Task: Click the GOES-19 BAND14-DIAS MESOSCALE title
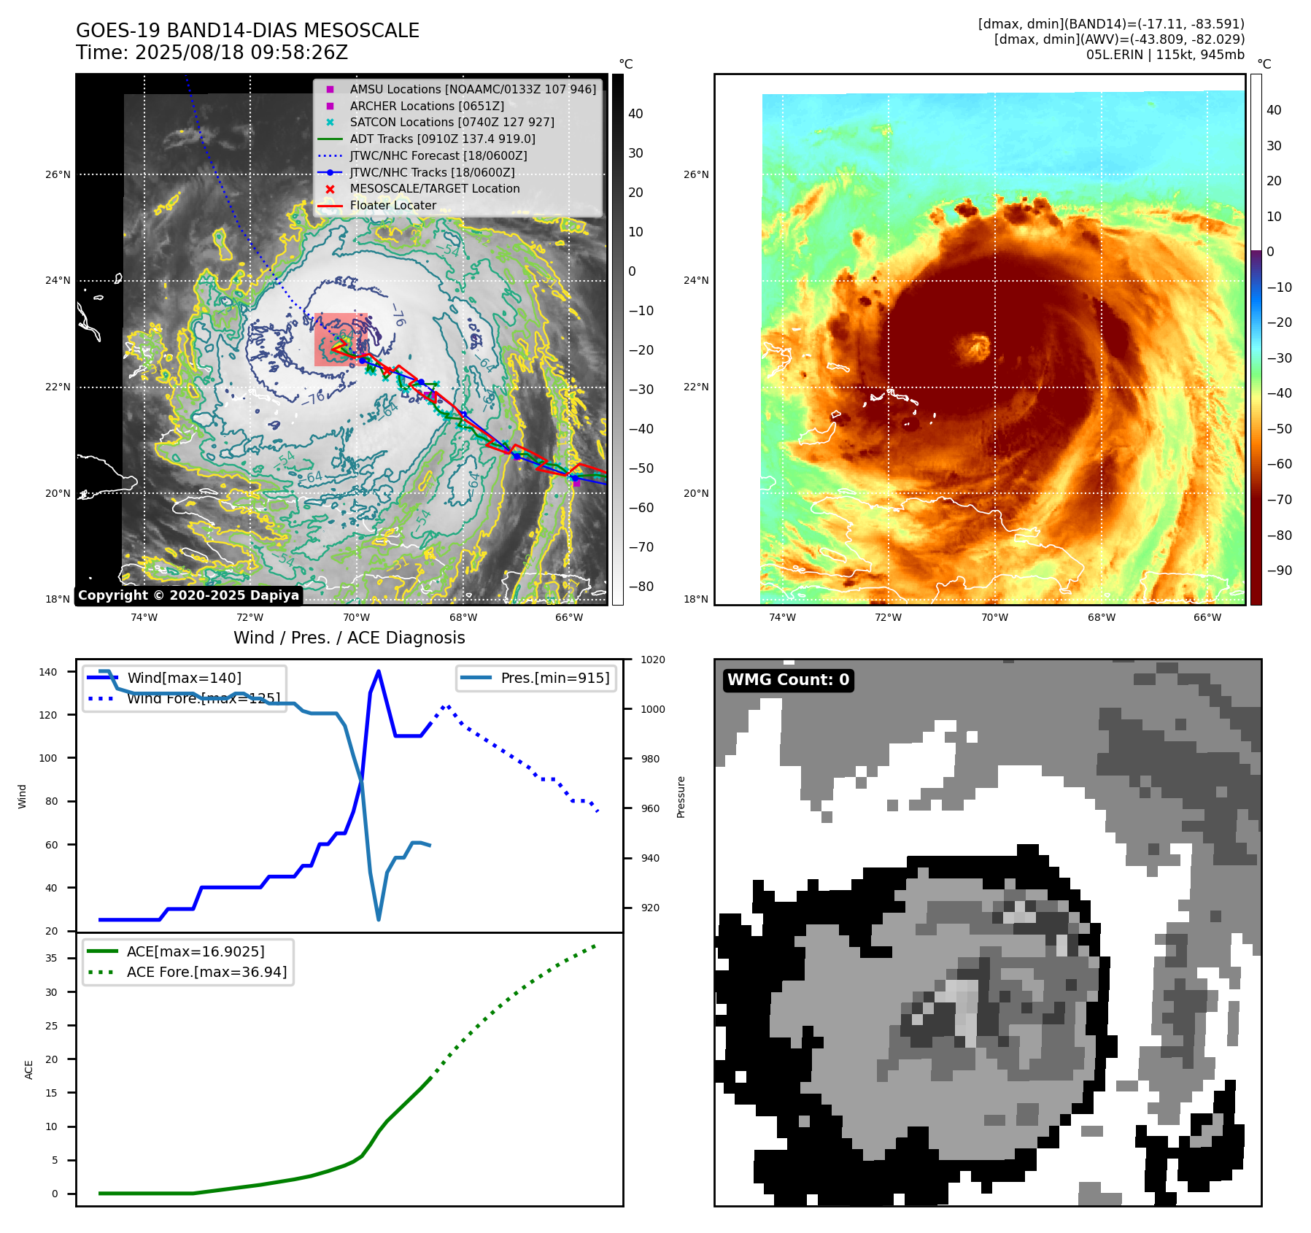[x=247, y=31]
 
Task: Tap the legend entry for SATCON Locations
[x=452, y=123]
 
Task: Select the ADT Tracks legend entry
[x=442, y=139]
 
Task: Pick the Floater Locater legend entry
[x=392, y=206]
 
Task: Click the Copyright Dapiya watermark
[x=188, y=595]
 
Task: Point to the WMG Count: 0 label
[x=788, y=680]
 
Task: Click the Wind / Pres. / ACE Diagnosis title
[x=349, y=638]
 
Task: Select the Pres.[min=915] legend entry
[x=554, y=678]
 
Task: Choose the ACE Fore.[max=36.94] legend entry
[x=206, y=972]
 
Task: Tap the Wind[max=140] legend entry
[x=184, y=678]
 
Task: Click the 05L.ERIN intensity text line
[x=1165, y=55]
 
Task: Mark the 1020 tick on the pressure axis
[x=652, y=660]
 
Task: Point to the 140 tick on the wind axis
[x=48, y=672]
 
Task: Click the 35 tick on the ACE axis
[x=51, y=958]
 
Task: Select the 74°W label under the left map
[x=144, y=617]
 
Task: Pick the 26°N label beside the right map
[x=696, y=174]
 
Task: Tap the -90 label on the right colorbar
[x=1279, y=571]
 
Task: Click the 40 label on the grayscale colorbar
[x=635, y=114]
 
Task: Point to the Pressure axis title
[x=681, y=797]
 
